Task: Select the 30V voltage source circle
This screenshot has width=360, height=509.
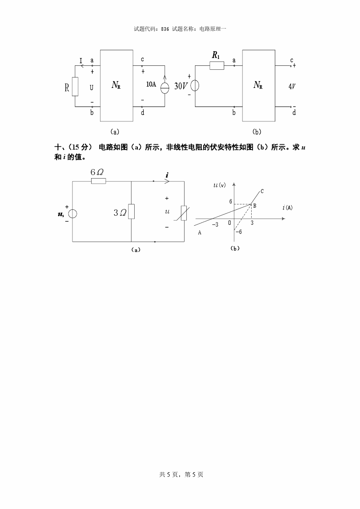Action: pos(195,86)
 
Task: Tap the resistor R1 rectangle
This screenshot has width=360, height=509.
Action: pos(217,66)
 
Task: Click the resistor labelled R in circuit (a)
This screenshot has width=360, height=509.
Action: pos(75,86)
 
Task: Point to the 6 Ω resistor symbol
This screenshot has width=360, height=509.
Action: pos(98,181)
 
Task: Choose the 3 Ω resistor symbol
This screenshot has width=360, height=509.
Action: pos(131,211)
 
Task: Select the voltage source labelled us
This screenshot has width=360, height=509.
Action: pos(73,214)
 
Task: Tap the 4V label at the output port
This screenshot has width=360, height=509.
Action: pos(292,86)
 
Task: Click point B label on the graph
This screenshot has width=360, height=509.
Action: pos(255,206)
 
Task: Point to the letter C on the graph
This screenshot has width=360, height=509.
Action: pos(262,191)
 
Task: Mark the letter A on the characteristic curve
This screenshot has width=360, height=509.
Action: pos(199,232)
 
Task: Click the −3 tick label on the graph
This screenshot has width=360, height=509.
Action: pos(215,224)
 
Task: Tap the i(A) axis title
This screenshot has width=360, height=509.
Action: pos(287,208)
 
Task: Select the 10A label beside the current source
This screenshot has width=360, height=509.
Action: pos(151,84)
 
